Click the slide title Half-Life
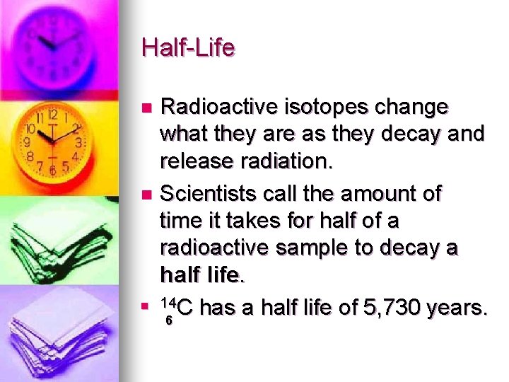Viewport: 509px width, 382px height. point(188,48)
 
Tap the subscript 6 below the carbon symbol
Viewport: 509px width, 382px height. point(168,320)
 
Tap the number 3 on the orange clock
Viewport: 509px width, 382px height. point(78,141)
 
